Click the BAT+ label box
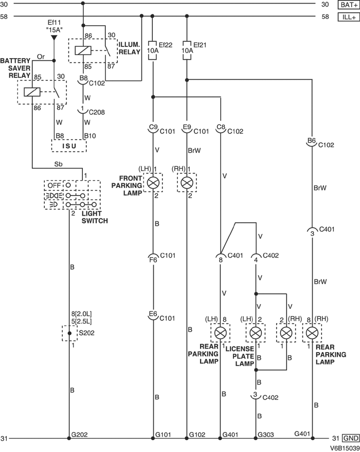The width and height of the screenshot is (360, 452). pos(347,5)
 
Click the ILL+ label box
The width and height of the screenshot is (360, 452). pos(347,16)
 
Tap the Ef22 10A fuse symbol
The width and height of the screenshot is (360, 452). pos(152,50)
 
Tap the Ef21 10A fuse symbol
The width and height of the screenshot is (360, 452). pos(187,50)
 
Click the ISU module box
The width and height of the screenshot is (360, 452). pos(68,146)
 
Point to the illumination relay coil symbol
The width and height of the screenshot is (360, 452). pos(83,50)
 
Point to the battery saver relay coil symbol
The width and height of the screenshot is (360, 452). pos(32,92)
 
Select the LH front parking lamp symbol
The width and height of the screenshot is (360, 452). pos(153,182)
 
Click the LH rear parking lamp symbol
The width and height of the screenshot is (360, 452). pos(221,333)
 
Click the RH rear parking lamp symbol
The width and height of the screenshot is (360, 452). pos(311,333)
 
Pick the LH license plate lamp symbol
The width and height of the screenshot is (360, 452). pos(256,333)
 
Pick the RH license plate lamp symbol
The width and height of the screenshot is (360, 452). pos(286,333)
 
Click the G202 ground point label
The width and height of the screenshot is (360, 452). pos(79,434)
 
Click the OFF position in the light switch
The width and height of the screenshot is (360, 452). pos(54,184)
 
